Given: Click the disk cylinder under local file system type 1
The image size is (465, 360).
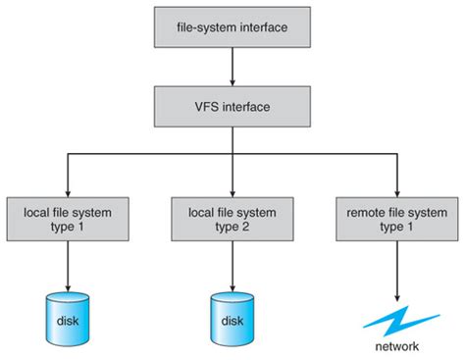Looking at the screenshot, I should (x=68, y=315).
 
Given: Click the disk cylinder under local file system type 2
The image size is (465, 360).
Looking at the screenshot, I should (x=232, y=315).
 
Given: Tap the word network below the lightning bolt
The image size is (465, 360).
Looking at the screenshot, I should (x=396, y=346).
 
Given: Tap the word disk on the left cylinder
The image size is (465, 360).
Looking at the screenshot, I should (x=68, y=321).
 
